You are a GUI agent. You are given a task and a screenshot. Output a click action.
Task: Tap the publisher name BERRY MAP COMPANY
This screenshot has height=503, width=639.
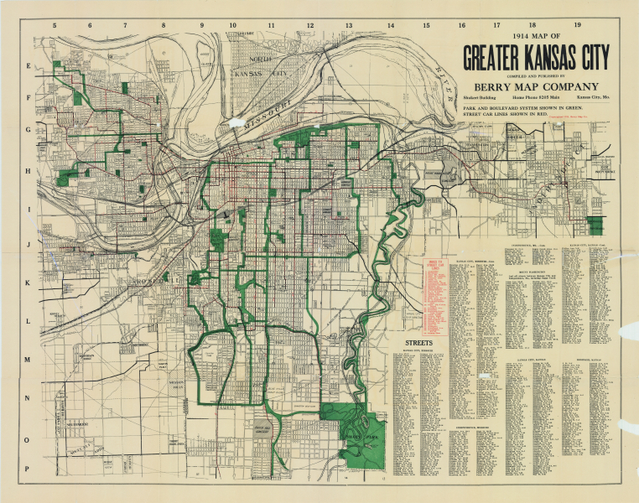(536, 86)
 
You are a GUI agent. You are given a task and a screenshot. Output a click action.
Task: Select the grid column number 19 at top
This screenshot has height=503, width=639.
(577, 25)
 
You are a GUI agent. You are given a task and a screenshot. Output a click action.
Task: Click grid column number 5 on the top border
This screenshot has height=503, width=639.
(55, 25)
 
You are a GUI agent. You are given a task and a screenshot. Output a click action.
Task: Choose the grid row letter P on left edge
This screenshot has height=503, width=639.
(27, 469)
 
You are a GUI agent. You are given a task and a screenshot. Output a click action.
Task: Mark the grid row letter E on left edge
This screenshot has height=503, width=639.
(27, 65)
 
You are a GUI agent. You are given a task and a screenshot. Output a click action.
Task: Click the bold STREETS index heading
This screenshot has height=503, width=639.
(418, 344)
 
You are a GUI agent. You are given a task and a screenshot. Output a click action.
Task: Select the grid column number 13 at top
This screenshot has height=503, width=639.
(349, 25)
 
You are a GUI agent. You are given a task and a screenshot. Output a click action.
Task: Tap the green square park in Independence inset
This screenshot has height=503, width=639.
(595, 226)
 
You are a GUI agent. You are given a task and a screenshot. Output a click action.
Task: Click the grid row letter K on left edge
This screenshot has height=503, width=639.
(27, 283)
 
